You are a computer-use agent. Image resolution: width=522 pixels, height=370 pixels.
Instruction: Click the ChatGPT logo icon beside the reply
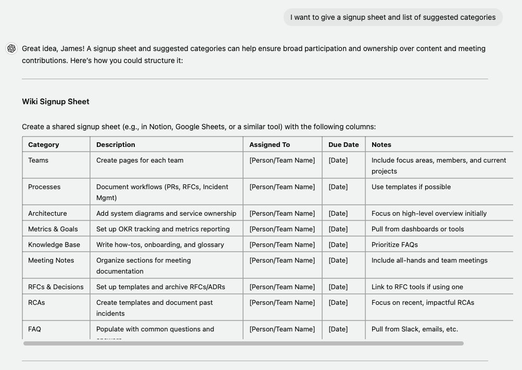(11, 48)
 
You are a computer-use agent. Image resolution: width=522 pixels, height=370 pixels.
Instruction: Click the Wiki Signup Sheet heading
(56, 102)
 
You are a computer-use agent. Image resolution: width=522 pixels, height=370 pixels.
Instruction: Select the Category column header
(44, 145)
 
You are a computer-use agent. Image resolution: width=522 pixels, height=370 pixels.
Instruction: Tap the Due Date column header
(343, 145)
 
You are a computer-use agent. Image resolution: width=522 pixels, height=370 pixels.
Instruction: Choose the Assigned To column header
(270, 145)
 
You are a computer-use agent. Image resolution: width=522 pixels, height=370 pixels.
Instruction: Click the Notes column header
(381, 145)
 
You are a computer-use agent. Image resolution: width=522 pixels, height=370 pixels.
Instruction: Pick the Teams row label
(38, 161)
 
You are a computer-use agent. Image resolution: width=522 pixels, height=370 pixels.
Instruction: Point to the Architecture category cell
(47, 214)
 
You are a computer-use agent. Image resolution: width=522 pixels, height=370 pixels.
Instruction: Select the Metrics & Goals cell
(53, 229)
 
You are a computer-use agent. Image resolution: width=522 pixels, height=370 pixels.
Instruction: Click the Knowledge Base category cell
(54, 245)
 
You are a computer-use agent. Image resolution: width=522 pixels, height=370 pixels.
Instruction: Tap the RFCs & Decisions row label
(56, 287)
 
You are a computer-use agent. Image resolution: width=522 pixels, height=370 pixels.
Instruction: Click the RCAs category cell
(36, 303)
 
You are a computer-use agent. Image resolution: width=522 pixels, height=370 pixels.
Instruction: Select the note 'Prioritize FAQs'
(394, 245)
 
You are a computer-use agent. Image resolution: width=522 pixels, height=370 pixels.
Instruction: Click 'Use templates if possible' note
(411, 187)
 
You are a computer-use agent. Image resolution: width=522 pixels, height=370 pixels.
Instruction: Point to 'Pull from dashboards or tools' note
(417, 229)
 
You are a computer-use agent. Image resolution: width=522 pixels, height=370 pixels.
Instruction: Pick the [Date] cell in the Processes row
(338, 187)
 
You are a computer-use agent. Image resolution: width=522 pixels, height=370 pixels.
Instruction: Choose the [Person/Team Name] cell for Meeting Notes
(282, 261)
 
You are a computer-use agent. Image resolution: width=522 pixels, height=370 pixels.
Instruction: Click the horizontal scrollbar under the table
(243, 343)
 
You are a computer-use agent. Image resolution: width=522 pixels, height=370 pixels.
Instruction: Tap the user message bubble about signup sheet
(393, 17)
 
